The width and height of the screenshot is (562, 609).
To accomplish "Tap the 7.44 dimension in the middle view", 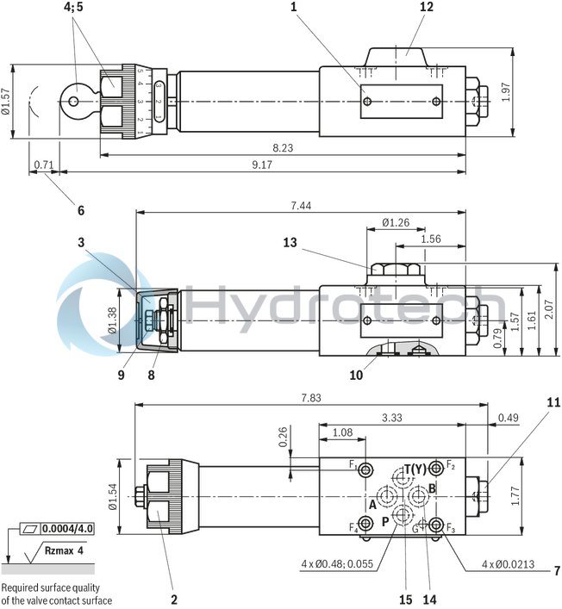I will [x=301, y=205].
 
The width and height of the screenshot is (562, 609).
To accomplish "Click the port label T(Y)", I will [x=415, y=469].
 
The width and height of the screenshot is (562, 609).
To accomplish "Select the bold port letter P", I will [x=385, y=522].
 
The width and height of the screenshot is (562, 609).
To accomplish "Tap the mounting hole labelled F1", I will [x=367, y=469].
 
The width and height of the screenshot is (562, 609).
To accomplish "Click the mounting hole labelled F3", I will [x=438, y=525].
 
